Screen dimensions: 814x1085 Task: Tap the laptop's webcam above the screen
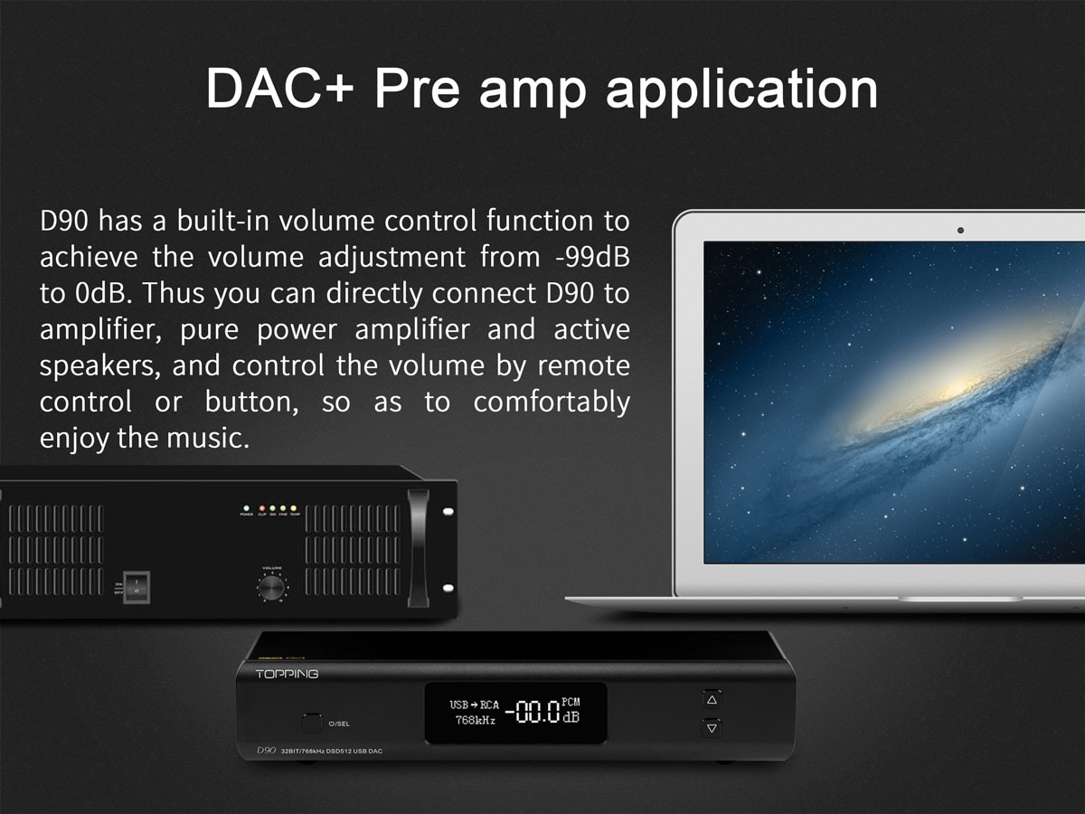pyautogui.click(x=960, y=230)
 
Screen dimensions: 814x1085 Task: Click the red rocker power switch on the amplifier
pyautogui.click(x=136, y=588)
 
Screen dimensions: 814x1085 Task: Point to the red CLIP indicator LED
pyautogui.click(x=261, y=508)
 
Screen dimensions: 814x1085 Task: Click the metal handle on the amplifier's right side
pyautogui.click(x=418, y=547)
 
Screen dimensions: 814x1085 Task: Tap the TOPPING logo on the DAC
pyautogui.click(x=287, y=674)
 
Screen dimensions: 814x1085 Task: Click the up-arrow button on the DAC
pyautogui.click(x=712, y=699)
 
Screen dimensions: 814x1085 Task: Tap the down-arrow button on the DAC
pyautogui.click(x=712, y=727)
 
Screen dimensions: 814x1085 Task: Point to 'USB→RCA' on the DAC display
pyautogui.click(x=474, y=705)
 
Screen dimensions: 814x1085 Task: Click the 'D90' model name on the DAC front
pyautogui.click(x=266, y=751)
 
